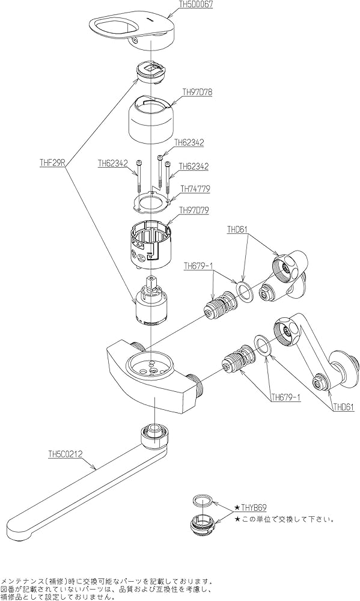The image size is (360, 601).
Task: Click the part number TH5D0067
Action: click(x=196, y=5)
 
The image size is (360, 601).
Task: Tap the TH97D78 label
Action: click(x=197, y=92)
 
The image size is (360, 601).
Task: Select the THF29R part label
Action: click(x=53, y=162)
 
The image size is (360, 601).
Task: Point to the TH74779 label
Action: click(x=195, y=189)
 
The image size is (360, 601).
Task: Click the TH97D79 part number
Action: click(x=195, y=210)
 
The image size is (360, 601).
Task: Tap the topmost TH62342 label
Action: click(x=189, y=142)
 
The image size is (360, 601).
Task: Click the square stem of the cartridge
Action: click(x=153, y=284)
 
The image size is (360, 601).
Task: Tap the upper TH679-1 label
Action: click(x=198, y=266)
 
